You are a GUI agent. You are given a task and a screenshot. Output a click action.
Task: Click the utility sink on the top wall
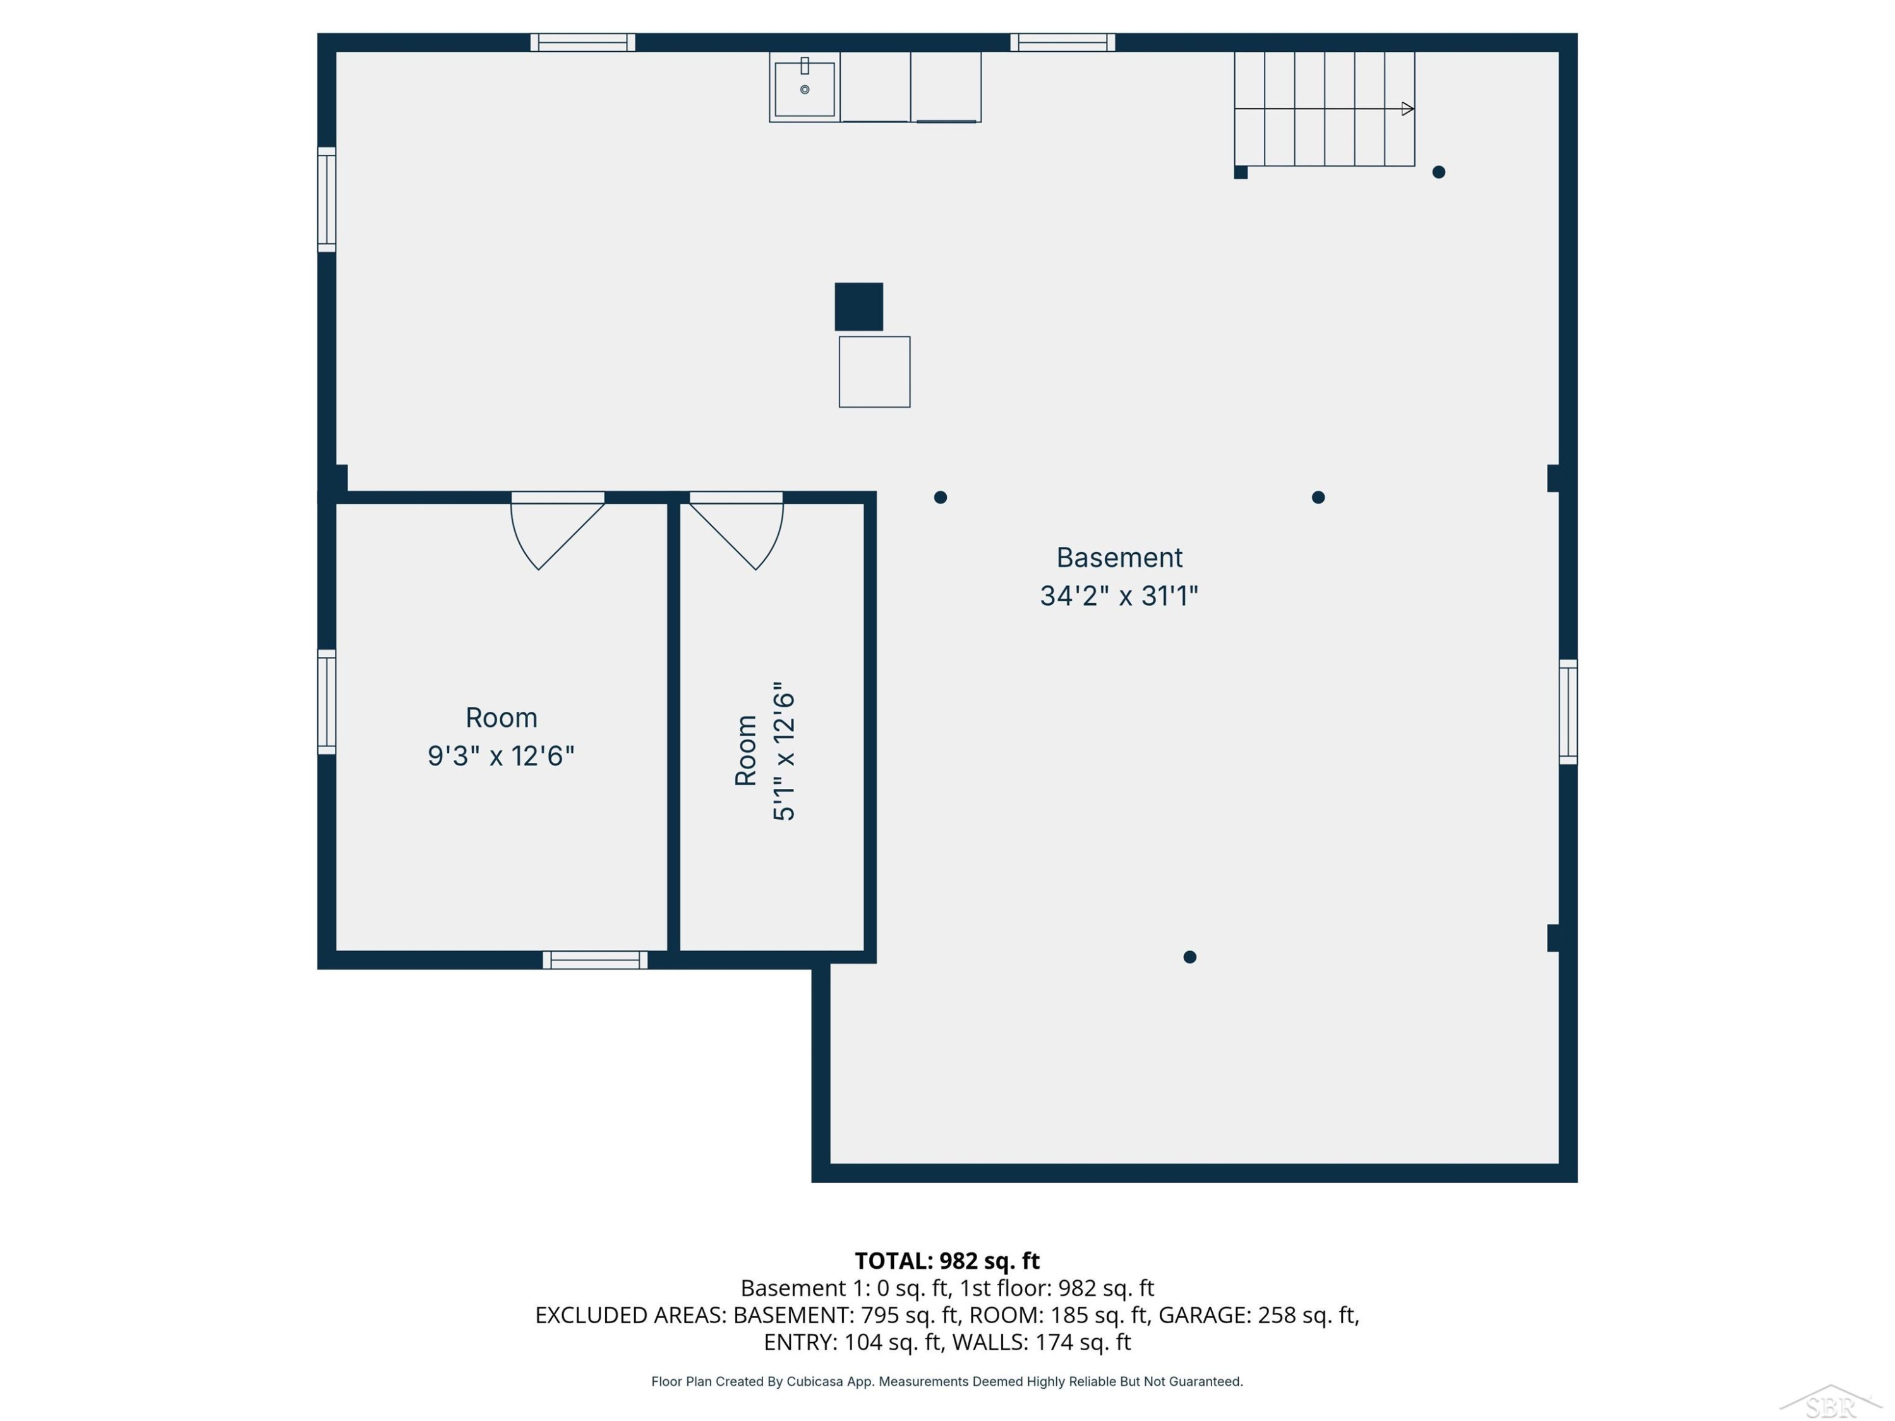point(805,87)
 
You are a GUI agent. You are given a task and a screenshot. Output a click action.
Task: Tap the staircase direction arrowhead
point(1407,109)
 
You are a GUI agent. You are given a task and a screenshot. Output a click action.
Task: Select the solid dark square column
point(858,307)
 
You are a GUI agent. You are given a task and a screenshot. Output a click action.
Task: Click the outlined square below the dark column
point(874,372)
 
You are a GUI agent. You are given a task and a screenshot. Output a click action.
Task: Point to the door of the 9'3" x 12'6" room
point(558,531)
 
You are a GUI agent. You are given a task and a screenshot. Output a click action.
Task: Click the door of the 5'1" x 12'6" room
point(737,531)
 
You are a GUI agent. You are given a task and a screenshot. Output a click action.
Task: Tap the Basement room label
point(1119,558)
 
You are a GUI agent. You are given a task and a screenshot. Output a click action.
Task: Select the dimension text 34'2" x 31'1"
point(1119,596)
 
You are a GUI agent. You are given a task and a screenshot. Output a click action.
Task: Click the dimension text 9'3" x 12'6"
point(501,755)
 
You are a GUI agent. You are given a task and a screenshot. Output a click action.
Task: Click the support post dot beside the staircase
point(1438,172)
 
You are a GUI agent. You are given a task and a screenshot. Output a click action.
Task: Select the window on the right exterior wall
point(1568,712)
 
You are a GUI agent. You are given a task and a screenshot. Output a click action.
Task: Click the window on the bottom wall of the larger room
point(596,960)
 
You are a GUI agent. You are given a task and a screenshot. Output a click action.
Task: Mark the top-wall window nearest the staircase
point(1062,42)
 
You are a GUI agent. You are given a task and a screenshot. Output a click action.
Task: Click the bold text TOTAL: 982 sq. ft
point(947,1261)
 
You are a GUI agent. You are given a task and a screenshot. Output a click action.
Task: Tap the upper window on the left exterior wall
point(327,200)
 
